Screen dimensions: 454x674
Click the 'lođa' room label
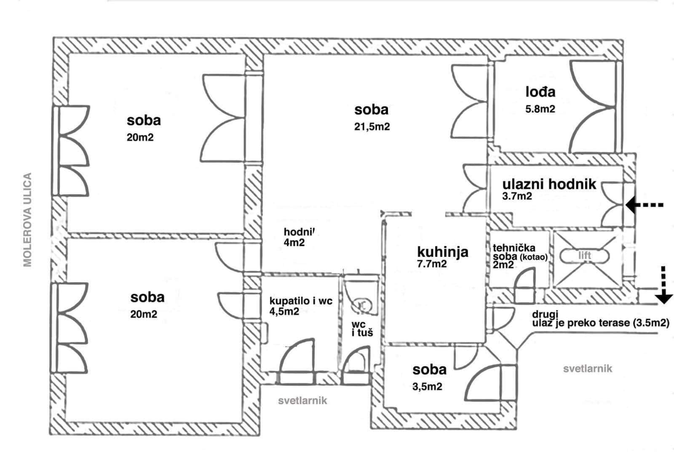tap(540, 91)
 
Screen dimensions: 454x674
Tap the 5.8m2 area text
tap(540, 109)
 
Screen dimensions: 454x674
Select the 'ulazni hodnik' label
tap(549, 184)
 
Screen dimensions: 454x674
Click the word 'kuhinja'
tap(442, 252)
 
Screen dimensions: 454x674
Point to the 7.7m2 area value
tap(432, 264)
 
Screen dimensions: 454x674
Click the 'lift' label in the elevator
tap(585, 255)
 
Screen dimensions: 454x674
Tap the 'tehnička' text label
tap(514, 248)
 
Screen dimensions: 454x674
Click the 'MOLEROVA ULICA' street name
tap(28, 219)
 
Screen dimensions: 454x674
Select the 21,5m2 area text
tap(372, 126)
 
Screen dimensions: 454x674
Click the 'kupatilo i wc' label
tap(301, 301)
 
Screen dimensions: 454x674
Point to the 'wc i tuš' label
tap(362, 328)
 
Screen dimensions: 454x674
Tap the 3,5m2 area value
tap(427, 386)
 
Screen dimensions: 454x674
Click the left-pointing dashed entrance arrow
tap(645, 205)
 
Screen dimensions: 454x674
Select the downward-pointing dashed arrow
tap(664, 285)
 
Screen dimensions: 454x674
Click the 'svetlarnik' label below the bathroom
tap(302, 400)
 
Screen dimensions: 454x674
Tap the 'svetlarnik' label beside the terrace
tap(588, 369)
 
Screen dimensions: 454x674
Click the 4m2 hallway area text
tap(294, 243)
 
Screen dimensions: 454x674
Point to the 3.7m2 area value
tap(517, 196)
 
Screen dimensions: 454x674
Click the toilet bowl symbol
tap(361, 304)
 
